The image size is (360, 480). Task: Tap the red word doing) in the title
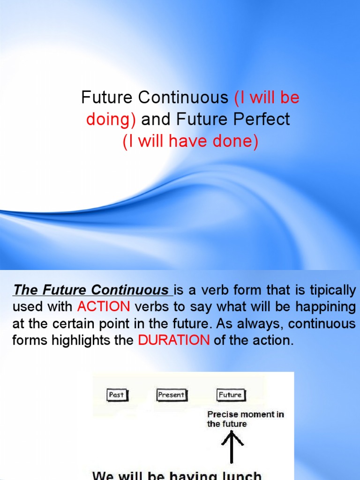[x=111, y=120]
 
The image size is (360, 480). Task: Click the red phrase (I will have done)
[x=190, y=141]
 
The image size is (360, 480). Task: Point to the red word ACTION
[x=103, y=307]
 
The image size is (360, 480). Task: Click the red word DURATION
[x=173, y=340]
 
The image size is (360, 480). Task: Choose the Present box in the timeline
[x=171, y=395]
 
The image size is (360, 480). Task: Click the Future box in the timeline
[x=231, y=395]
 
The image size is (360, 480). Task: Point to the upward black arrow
[x=232, y=445]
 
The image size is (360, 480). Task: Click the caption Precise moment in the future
[x=245, y=419]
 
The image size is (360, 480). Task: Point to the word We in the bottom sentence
[x=104, y=475]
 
